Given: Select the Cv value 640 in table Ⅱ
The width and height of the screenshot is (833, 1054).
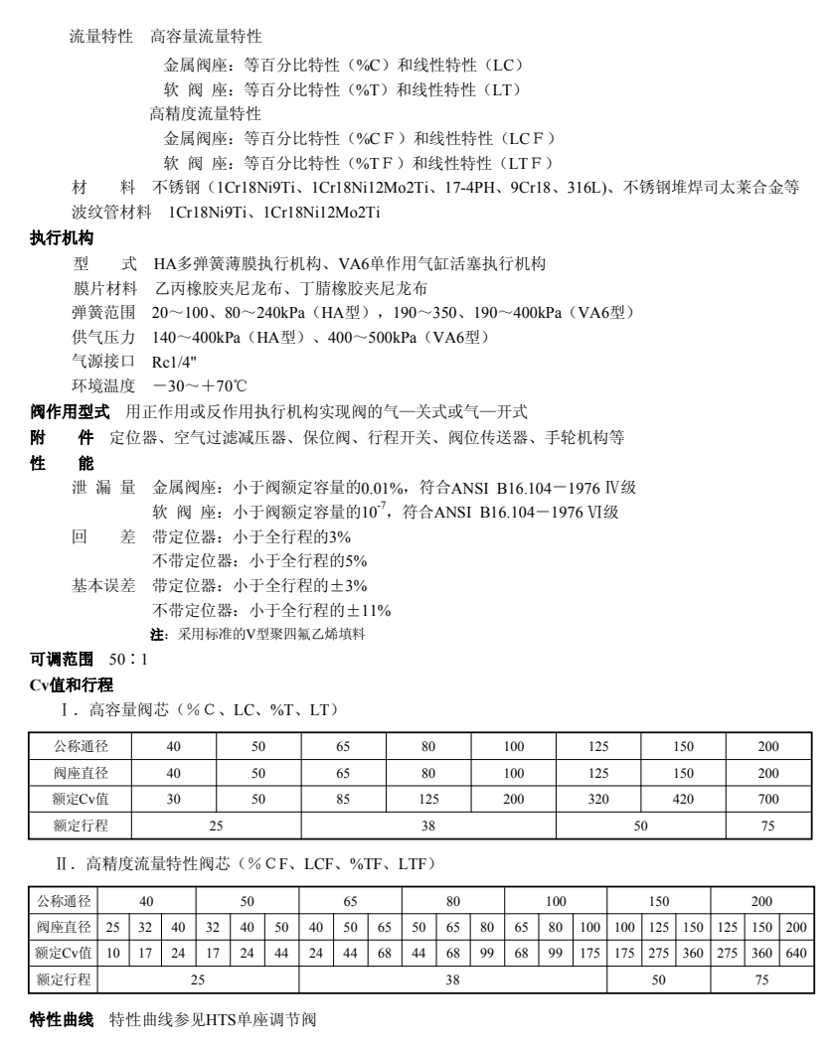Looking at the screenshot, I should coord(796,953).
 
